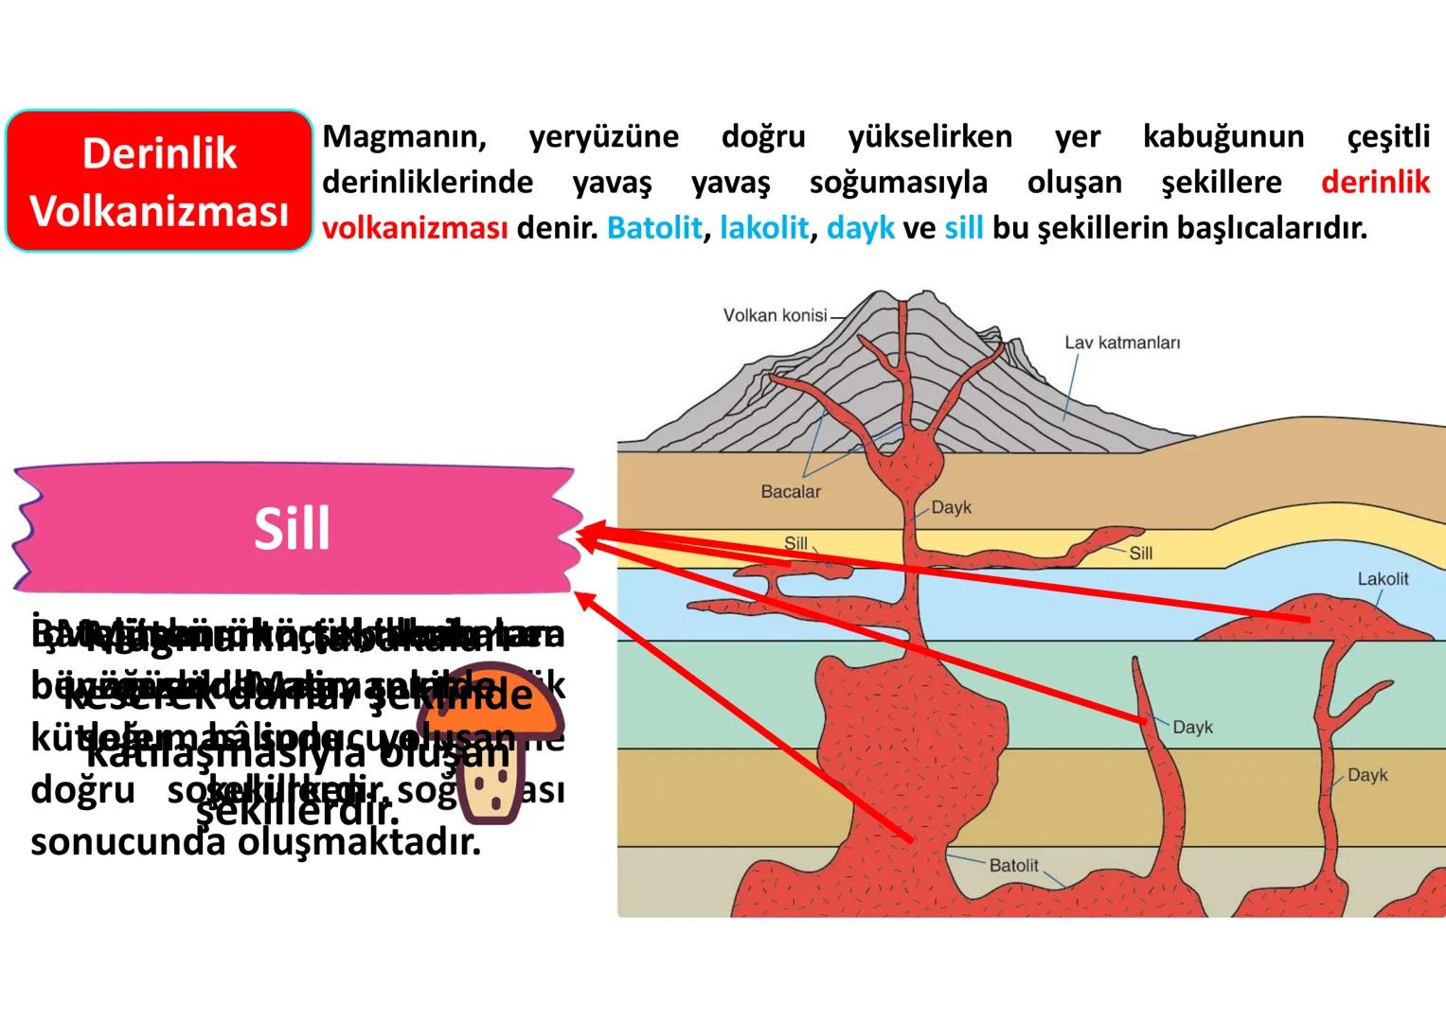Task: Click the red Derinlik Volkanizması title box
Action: pyautogui.click(x=159, y=181)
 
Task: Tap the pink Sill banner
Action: pyautogui.click(x=292, y=528)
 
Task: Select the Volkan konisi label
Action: pyautogui.click(x=775, y=315)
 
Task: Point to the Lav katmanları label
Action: pyautogui.click(x=1122, y=343)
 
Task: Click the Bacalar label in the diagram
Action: pyautogui.click(x=791, y=491)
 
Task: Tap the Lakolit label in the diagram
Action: pyautogui.click(x=1383, y=578)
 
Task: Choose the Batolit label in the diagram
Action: pyautogui.click(x=1013, y=865)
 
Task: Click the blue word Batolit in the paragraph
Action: pyautogui.click(x=654, y=228)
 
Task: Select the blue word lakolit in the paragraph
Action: pyautogui.click(x=764, y=228)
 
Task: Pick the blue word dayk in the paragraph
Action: pyautogui.click(x=860, y=228)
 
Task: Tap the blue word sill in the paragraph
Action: pyautogui.click(x=963, y=228)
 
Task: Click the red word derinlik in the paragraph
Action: pyautogui.click(x=1375, y=182)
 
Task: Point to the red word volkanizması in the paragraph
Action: pyautogui.click(x=415, y=228)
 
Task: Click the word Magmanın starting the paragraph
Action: pyautogui.click(x=404, y=136)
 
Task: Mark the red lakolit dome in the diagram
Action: pyautogui.click(x=1349, y=620)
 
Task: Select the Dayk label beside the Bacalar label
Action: pyautogui.click(x=951, y=507)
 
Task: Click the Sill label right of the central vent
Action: pyautogui.click(x=1140, y=553)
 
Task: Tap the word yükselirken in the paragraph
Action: pyautogui.click(x=930, y=136)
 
